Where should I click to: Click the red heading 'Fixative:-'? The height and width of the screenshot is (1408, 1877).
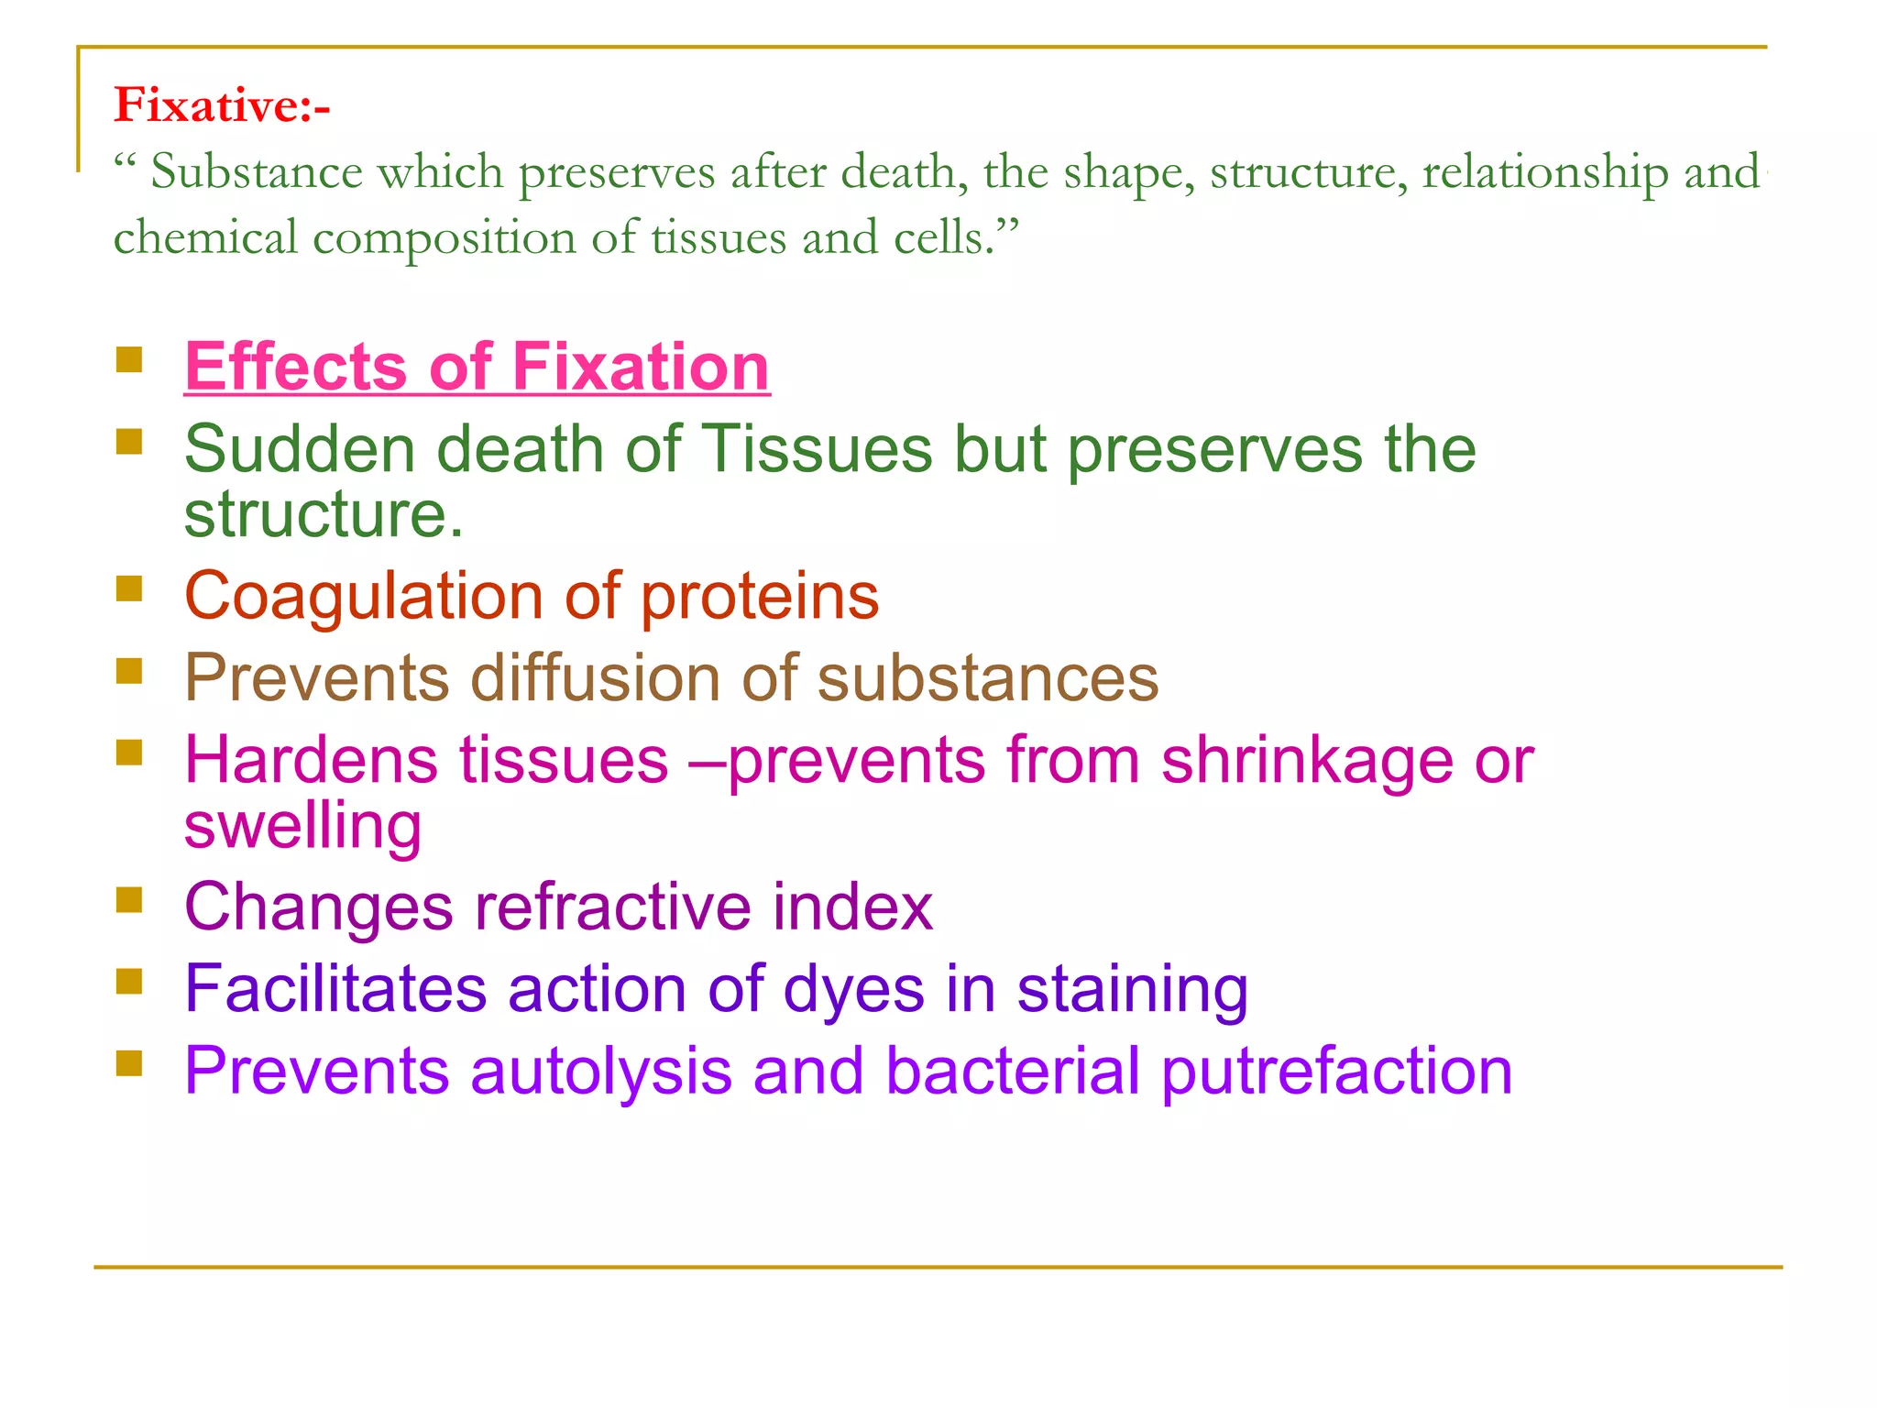(x=221, y=104)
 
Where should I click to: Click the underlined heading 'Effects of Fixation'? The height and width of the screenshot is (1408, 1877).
(x=477, y=367)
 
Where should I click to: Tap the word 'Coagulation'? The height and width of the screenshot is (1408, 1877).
(x=363, y=596)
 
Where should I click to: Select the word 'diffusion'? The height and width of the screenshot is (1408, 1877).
(x=594, y=678)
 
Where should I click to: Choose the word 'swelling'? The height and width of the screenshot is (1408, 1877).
(x=302, y=827)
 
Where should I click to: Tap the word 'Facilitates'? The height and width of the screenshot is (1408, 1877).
(x=335, y=990)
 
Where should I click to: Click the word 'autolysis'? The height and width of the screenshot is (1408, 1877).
(x=600, y=1072)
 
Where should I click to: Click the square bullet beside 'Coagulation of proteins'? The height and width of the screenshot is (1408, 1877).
(x=129, y=588)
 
